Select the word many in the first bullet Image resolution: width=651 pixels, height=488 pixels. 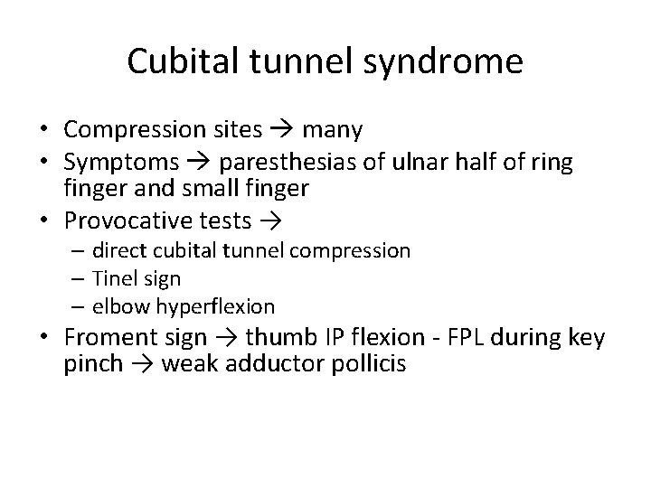[332, 130]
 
